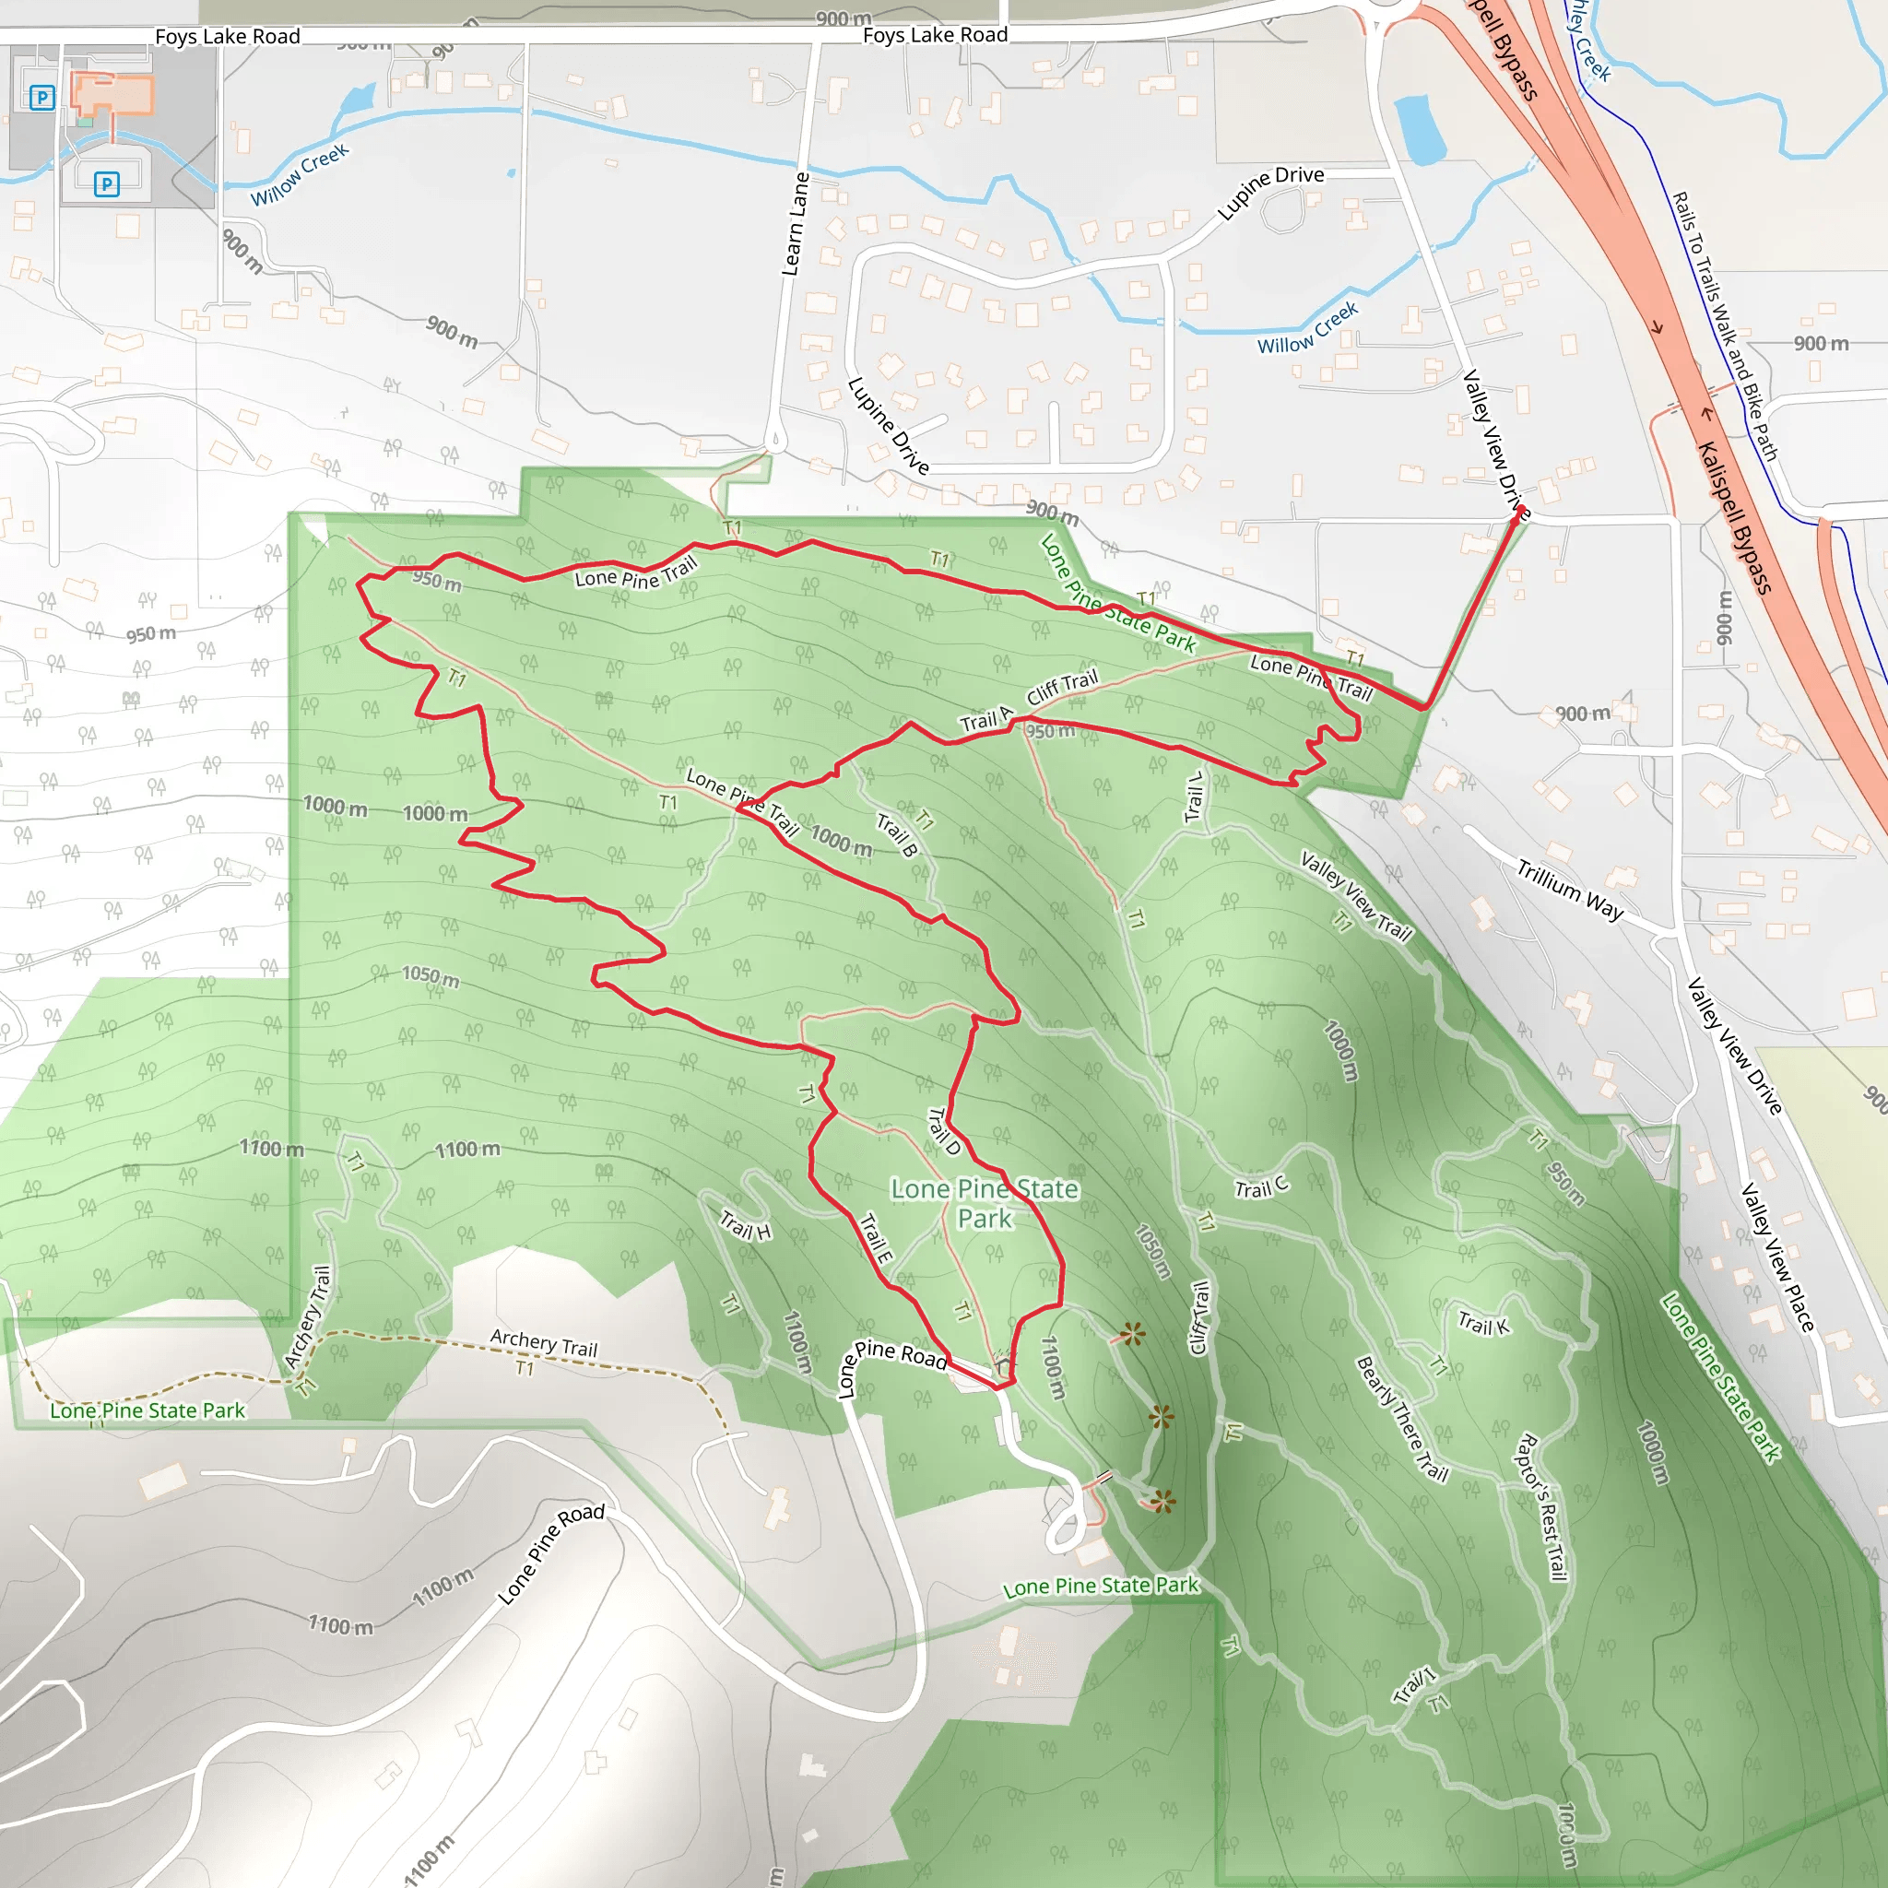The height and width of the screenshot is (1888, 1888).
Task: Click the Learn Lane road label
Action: click(x=796, y=224)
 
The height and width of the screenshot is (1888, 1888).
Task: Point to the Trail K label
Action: click(x=1483, y=1325)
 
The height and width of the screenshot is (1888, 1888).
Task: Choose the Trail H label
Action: click(x=746, y=1224)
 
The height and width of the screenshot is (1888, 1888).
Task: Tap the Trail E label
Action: click(x=876, y=1238)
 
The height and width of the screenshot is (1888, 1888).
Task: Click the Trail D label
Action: click(x=944, y=1130)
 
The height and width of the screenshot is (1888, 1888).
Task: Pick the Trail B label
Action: click(x=897, y=834)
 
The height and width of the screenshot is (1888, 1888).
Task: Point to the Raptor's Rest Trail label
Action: click(x=1541, y=1507)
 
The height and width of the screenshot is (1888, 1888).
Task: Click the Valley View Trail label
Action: click(x=1356, y=895)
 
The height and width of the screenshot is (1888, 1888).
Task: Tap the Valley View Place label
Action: click(x=1777, y=1258)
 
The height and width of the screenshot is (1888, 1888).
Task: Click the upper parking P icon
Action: click(x=42, y=98)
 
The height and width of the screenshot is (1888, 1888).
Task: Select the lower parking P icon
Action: click(x=107, y=183)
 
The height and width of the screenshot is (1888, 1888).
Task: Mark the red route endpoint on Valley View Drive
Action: click(x=1516, y=520)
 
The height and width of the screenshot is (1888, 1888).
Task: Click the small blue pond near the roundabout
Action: click(x=1420, y=129)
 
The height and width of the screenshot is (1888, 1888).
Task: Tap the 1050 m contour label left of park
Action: click(x=430, y=975)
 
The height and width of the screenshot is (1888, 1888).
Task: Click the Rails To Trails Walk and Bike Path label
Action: click(x=1725, y=325)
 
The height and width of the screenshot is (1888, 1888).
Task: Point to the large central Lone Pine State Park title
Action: click(x=985, y=1203)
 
